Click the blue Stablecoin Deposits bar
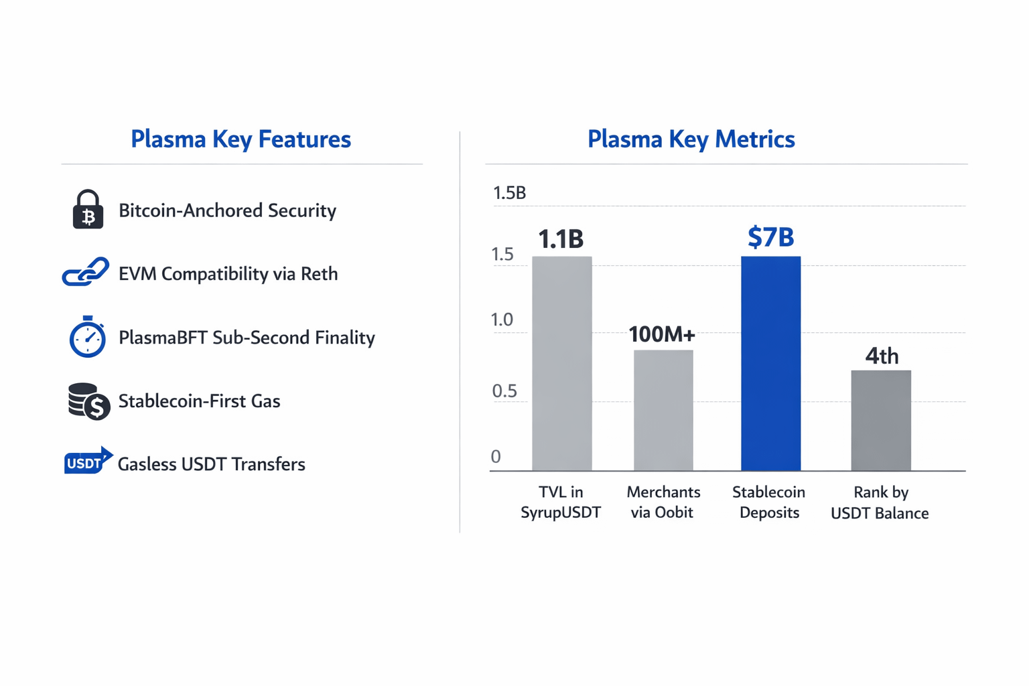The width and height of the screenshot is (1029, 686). tap(770, 364)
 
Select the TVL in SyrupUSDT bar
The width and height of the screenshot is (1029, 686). tap(562, 364)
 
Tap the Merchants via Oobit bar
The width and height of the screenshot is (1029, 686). tap(663, 410)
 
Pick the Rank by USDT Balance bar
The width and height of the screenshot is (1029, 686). tap(881, 421)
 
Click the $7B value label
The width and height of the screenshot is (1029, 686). tap(771, 237)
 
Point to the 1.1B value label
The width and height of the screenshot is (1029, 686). tap(561, 239)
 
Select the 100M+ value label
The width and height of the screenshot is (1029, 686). tap(661, 334)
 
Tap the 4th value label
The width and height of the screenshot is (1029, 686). tap(882, 356)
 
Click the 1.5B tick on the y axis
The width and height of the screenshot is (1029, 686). tap(509, 193)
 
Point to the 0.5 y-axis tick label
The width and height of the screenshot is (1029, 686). tap(504, 391)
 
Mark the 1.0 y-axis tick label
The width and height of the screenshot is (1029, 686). tap(502, 320)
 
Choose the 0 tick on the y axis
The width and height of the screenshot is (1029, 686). tap(496, 456)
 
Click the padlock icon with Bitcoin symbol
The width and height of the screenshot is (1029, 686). tap(88, 209)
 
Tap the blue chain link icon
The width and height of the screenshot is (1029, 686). tap(86, 271)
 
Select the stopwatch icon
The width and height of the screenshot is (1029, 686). tap(87, 337)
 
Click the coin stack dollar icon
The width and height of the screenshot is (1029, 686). tap(88, 401)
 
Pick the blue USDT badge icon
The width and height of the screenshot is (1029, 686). tap(88, 460)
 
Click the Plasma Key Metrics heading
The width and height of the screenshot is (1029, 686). tap(691, 139)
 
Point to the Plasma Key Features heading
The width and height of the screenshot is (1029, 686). tap(241, 139)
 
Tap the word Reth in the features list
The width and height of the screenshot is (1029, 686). tap(320, 274)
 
